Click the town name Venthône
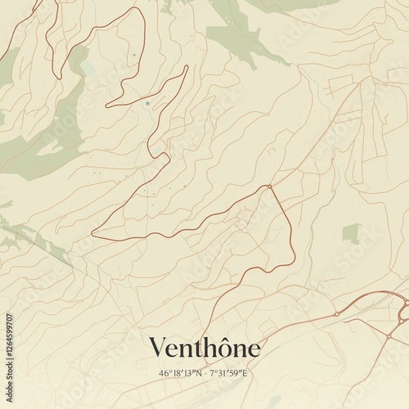point(204,348)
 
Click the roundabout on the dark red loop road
point(269,187)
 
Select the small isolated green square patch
point(350,233)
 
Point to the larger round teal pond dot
point(147,104)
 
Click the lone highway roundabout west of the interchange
point(335,314)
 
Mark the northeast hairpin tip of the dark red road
point(187,67)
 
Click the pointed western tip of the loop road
point(92,233)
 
